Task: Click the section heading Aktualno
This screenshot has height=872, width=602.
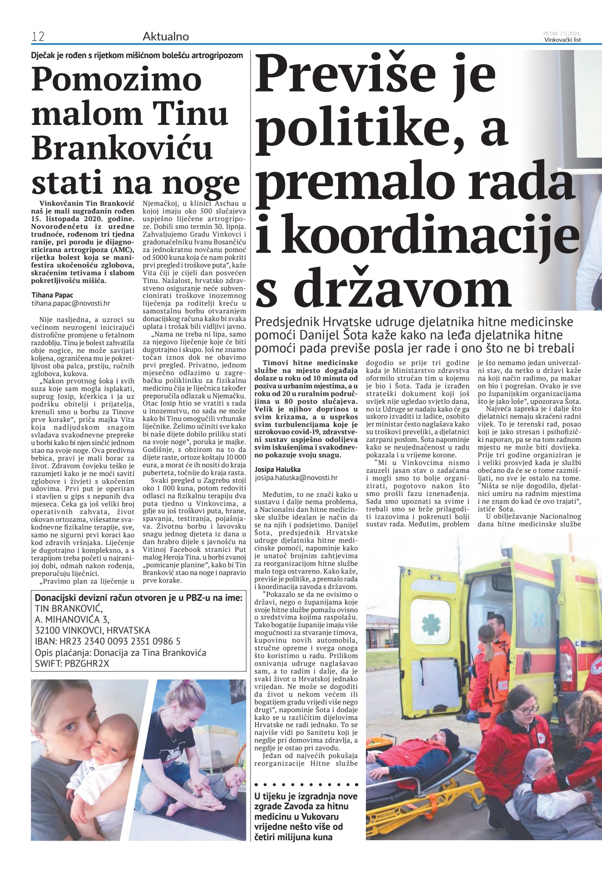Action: [x=166, y=37]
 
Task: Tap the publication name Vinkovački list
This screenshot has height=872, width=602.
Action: [x=563, y=40]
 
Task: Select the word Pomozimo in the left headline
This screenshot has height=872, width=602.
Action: [x=117, y=79]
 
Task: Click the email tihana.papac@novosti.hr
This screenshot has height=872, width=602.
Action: [x=70, y=303]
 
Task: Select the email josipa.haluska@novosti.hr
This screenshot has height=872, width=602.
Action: [x=296, y=477]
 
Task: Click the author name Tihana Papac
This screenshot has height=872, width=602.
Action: [x=52, y=295]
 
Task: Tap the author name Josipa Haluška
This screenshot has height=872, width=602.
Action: [x=277, y=470]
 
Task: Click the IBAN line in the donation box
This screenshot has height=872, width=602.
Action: [x=108, y=642]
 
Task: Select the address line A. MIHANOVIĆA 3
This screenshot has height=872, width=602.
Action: [x=72, y=619]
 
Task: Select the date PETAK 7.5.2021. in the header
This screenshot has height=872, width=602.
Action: [x=562, y=33]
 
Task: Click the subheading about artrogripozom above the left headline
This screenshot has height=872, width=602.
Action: [x=137, y=55]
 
